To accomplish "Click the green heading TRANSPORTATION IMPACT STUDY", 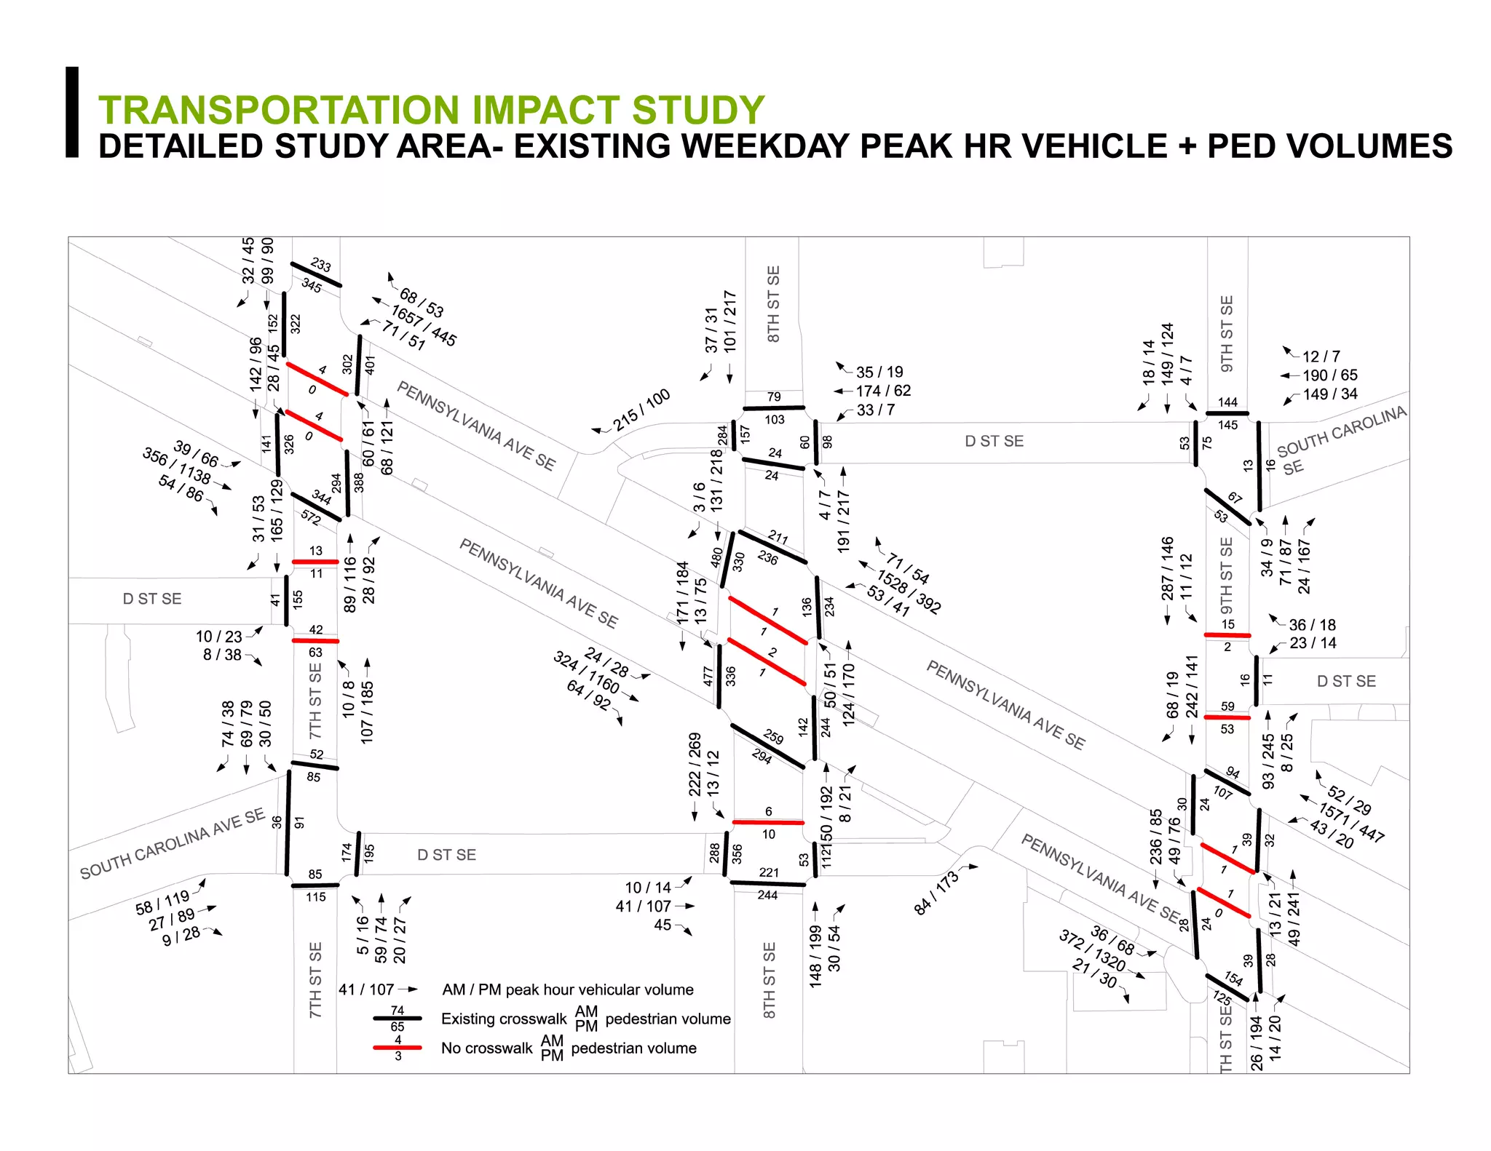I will (x=431, y=111).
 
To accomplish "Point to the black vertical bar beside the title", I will (x=72, y=112).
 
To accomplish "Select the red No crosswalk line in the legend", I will (x=397, y=1048).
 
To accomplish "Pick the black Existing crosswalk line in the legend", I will (x=397, y=1019).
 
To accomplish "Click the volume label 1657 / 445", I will (x=424, y=325).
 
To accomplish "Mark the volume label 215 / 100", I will (x=641, y=410).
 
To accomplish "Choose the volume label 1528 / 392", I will (x=909, y=592).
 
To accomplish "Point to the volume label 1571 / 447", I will (x=1351, y=822).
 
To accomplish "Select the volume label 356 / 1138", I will (x=177, y=466).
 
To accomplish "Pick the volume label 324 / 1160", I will (x=587, y=672).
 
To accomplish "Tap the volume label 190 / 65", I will (x=1330, y=375).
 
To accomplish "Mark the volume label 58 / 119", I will (x=162, y=902).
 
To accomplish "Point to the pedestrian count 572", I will (x=311, y=517).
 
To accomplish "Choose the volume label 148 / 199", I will (x=815, y=955).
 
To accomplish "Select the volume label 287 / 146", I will (x=1167, y=569).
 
